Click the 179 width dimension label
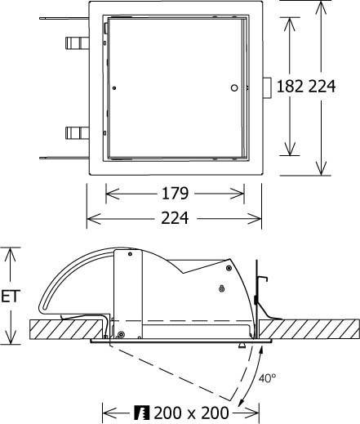click(x=175, y=194)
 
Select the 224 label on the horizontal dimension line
click(x=175, y=218)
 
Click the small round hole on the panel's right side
click(x=234, y=87)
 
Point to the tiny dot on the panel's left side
click(x=114, y=87)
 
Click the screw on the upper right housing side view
click(x=222, y=287)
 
